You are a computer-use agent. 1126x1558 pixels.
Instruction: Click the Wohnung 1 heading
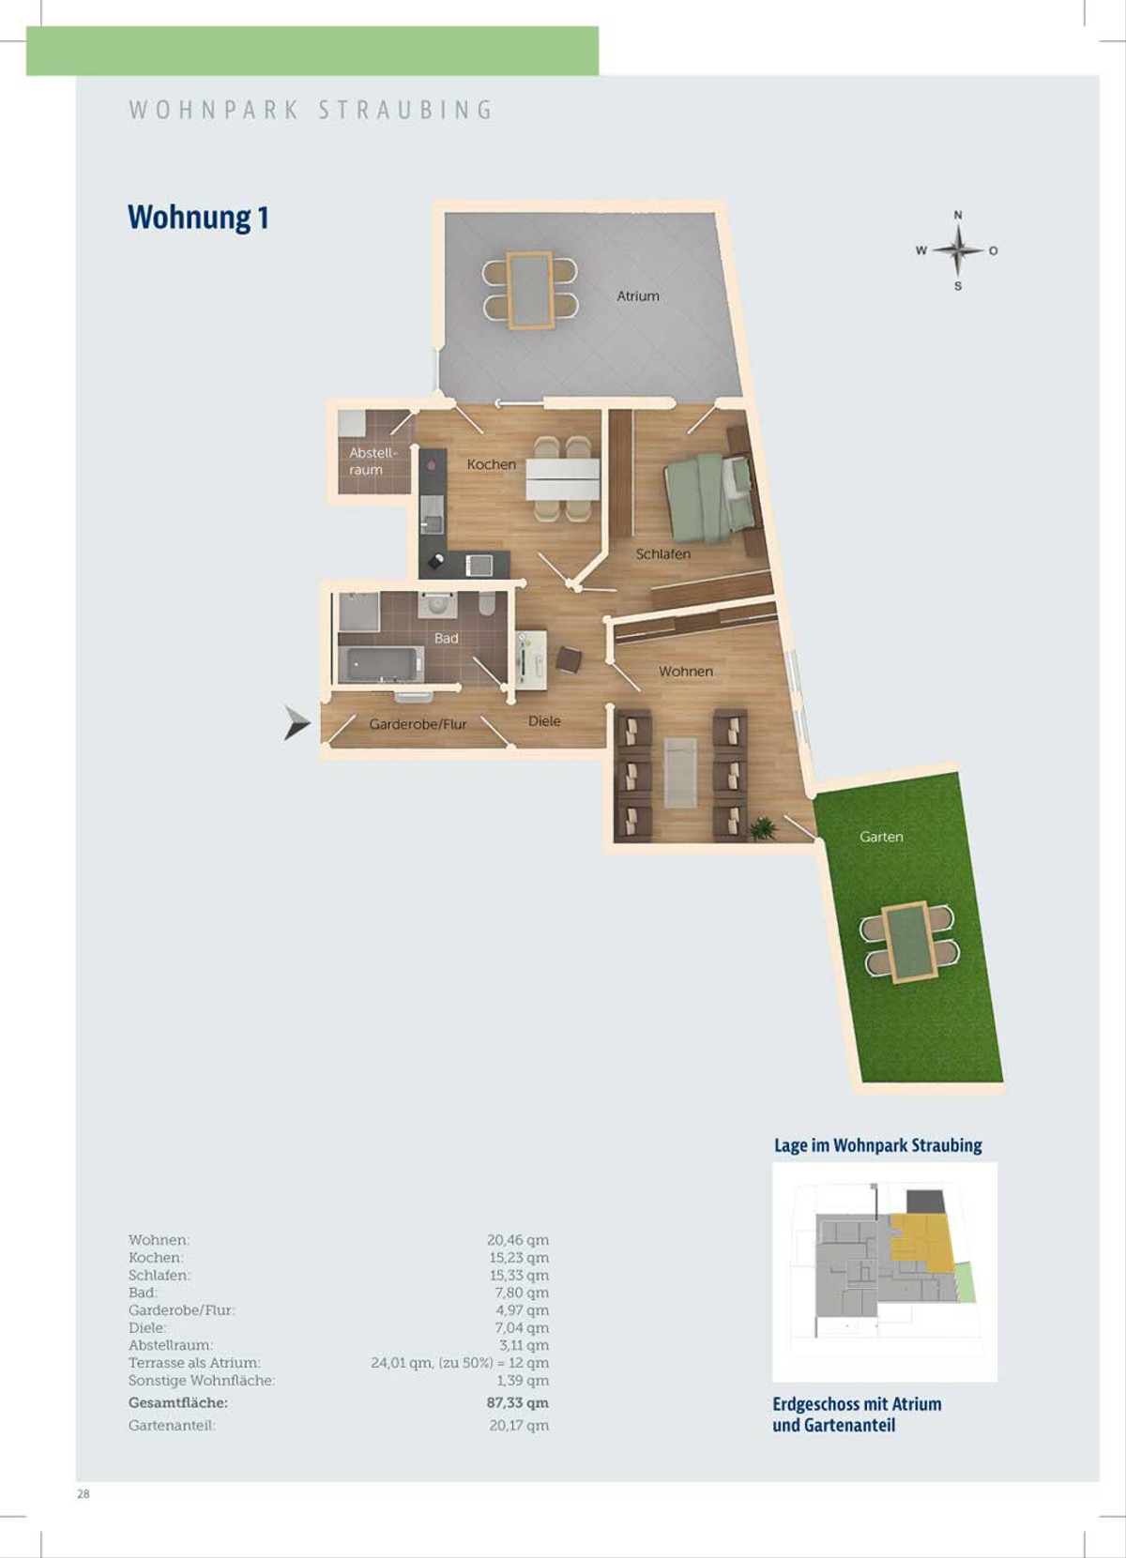[198, 217]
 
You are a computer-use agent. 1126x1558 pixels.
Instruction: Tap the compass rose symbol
[958, 250]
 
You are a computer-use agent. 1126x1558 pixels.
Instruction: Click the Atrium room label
[637, 296]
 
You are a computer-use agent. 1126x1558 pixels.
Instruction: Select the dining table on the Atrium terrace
[529, 291]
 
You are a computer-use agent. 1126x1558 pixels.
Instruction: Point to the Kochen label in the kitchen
[492, 464]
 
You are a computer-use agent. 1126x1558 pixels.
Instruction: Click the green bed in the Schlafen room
[708, 496]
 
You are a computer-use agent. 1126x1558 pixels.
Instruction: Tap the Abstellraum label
[373, 461]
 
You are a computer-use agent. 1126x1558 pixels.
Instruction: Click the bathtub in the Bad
[381, 664]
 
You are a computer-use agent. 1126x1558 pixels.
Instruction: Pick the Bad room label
[446, 638]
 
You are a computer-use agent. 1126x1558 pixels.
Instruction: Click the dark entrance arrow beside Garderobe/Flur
[297, 722]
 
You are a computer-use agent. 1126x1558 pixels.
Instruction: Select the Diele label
[544, 721]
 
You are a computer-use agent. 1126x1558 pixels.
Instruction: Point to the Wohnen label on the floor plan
[686, 672]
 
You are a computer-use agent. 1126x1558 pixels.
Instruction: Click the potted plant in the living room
[764, 828]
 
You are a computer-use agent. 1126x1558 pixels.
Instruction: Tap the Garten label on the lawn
[881, 837]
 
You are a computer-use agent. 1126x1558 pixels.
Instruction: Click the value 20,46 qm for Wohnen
[518, 1240]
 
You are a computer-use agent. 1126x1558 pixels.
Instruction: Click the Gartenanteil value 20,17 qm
[519, 1425]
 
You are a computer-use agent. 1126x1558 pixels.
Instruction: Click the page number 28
[84, 1494]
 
